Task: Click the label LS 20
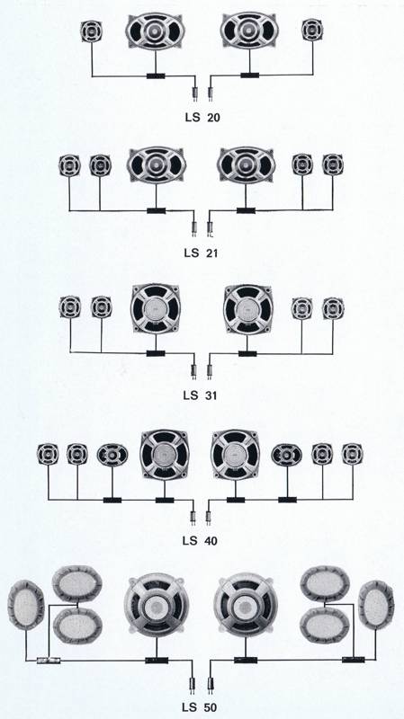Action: tap(202, 118)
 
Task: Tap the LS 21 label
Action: tap(201, 253)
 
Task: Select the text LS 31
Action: tap(200, 395)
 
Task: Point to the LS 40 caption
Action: tap(200, 541)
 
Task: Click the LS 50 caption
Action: tap(200, 706)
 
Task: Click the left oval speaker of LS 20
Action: tap(155, 31)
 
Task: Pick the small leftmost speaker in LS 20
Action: tap(92, 31)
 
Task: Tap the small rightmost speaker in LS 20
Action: tap(312, 30)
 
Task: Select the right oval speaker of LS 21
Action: tap(246, 165)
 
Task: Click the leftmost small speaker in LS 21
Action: tap(69, 165)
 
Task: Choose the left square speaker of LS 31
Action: tap(156, 308)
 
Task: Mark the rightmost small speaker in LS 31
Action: tap(333, 308)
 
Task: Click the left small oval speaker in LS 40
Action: tap(112, 455)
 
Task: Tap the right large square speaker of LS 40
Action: tap(235, 455)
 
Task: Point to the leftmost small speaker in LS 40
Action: tap(48, 454)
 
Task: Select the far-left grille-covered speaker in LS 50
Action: tap(26, 605)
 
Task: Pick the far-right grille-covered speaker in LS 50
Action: tap(376, 605)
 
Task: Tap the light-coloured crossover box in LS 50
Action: tap(49, 661)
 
